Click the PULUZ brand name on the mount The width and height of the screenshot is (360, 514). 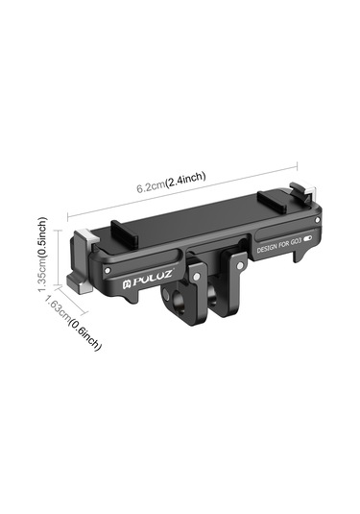pyautogui.click(x=152, y=279)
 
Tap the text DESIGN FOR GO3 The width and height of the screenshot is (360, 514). pyautogui.click(x=278, y=245)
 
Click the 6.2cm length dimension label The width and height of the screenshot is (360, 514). pyautogui.click(x=151, y=186)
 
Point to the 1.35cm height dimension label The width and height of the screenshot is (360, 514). pyautogui.click(x=43, y=275)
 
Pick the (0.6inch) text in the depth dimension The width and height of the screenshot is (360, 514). pyautogui.click(x=84, y=335)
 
